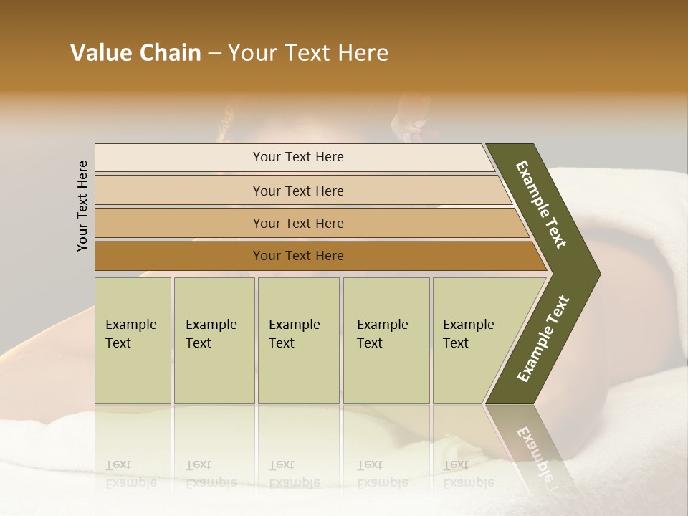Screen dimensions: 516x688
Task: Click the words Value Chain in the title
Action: point(135,53)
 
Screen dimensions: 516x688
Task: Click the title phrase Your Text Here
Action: point(308,53)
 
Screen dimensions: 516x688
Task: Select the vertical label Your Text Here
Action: point(82,206)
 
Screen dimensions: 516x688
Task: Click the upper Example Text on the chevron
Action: point(542,204)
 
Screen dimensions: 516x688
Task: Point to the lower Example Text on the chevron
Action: point(543,339)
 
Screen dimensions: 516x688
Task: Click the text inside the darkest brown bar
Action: point(298,256)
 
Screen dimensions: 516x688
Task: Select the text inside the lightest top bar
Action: point(298,157)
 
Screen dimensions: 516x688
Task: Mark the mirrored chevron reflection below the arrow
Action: point(530,444)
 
